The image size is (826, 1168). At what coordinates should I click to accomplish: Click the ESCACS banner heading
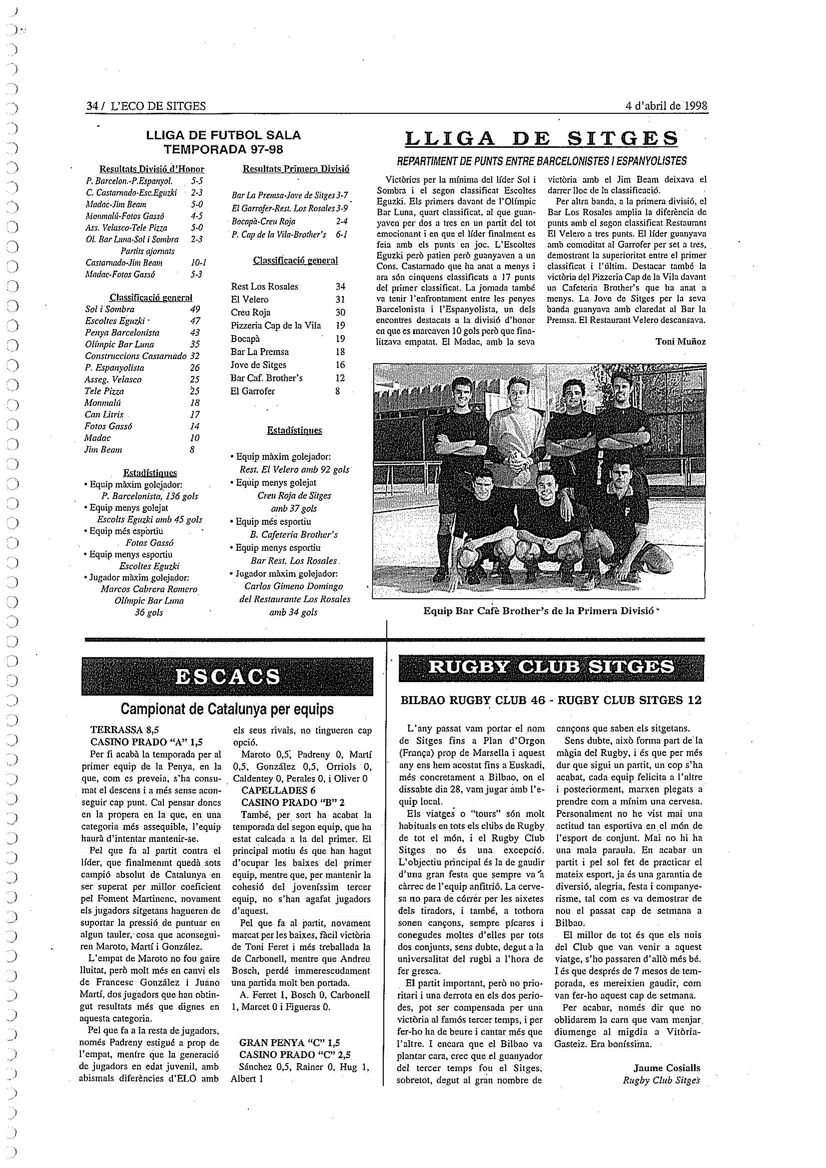click(x=227, y=677)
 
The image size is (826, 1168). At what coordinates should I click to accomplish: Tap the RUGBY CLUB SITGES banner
click(x=551, y=667)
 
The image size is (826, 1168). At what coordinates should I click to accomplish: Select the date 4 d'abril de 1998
click(x=666, y=106)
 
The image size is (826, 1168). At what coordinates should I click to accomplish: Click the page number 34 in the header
click(x=91, y=106)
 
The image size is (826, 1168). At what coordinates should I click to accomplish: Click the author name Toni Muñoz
click(x=681, y=342)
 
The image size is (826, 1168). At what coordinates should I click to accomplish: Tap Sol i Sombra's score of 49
click(x=194, y=309)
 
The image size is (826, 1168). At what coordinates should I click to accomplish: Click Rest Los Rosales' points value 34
click(x=340, y=287)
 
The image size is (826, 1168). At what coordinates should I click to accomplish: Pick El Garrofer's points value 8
click(x=338, y=391)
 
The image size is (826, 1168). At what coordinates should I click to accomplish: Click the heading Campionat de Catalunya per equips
click(x=227, y=709)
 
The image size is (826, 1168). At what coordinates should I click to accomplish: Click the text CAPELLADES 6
click(x=278, y=790)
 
